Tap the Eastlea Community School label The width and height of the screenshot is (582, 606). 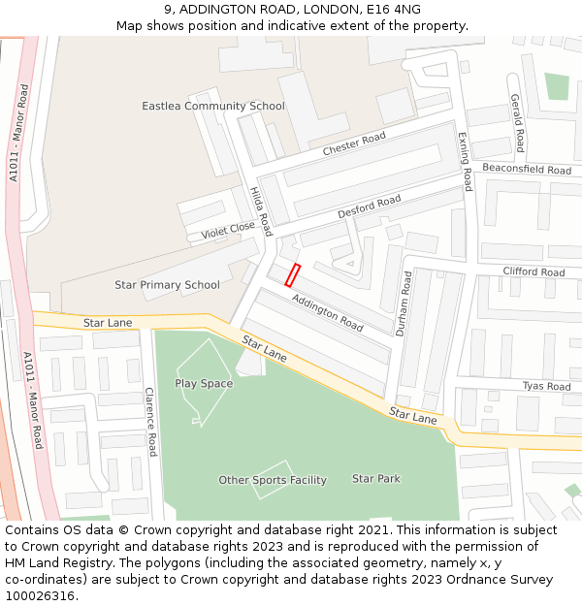213,106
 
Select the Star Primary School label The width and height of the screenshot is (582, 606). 167,285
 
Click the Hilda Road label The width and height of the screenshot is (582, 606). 261,211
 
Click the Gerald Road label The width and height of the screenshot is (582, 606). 518,124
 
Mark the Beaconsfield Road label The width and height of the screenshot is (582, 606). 527,170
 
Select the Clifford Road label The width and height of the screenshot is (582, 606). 533,272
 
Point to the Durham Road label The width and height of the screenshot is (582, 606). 404,303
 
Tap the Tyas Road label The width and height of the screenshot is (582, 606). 546,386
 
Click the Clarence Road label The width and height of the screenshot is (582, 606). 150,422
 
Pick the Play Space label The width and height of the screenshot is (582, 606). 204,384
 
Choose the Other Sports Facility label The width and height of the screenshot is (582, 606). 273,480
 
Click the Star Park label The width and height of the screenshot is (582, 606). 376,479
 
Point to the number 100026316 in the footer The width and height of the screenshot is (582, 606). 39,596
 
